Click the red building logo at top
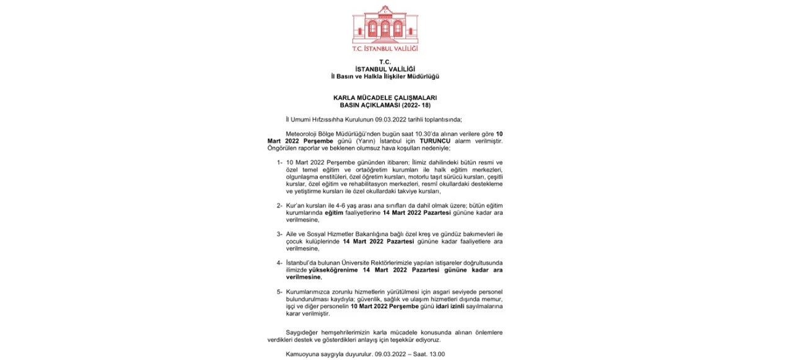(x=385, y=24)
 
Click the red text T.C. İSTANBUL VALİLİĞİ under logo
(x=385, y=48)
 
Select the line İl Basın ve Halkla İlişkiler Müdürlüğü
(x=385, y=76)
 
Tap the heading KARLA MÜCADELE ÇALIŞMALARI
(x=385, y=98)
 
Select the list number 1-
(x=279, y=162)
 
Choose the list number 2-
(x=279, y=205)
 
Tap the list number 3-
(x=279, y=234)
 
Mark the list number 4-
(x=279, y=263)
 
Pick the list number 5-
(x=279, y=292)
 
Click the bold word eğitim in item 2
(x=330, y=213)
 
